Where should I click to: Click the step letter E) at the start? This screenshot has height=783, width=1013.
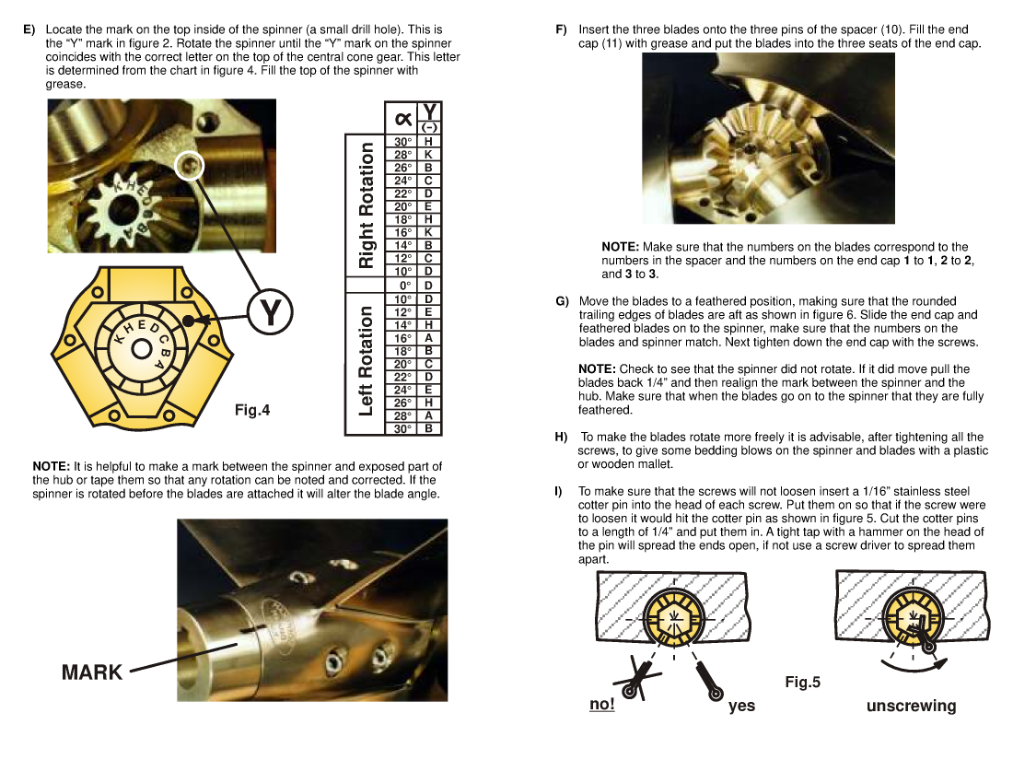[x=29, y=30]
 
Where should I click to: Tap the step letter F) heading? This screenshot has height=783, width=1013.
[x=561, y=30]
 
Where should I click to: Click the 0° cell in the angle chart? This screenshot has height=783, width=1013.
[x=402, y=286]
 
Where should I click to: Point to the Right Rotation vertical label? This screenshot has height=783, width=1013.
[x=366, y=205]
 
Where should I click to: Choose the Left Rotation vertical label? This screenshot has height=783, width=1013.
[x=366, y=361]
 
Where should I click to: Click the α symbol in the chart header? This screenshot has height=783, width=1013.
[x=402, y=118]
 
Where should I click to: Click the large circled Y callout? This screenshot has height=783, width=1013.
[x=270, y=313]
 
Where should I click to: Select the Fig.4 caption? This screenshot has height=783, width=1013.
[x=252, y=410]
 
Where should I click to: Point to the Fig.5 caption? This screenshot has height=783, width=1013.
[x=802, y=683]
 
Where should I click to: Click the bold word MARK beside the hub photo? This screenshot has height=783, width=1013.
[x=92, y=672]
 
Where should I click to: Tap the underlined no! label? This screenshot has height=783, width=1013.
[x=602, y=705]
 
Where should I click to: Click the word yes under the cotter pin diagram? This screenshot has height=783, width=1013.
[x=741, y=706]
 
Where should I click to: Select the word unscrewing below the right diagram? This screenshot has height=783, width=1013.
[x=911, y=707]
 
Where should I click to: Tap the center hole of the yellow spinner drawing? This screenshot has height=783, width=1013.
[x=141, y=349]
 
